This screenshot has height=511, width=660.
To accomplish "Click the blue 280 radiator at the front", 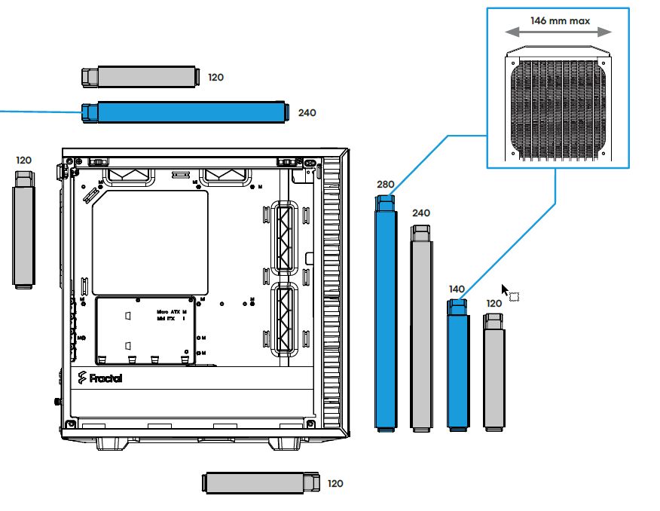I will tap(386, 313).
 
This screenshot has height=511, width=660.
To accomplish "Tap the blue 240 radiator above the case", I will tap(185, 112).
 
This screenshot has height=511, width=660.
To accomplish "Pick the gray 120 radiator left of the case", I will tap(24, 230).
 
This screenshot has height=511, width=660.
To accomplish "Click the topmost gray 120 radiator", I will tap(139, 76).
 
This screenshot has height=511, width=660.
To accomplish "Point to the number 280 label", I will tap(386, 184).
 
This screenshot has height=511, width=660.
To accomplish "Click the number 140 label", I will tap(457, 289).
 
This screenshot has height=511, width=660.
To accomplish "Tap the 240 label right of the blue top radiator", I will tap(307, 113).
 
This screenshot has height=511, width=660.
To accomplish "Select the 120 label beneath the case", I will tap(335, 483).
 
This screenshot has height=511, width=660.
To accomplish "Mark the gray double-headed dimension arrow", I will tap(558, 32).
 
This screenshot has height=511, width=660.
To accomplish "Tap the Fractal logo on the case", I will tap(99, 378).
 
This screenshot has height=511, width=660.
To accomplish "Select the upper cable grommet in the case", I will tap(284, 237).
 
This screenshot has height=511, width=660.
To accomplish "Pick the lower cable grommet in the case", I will tap(284, 319).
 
